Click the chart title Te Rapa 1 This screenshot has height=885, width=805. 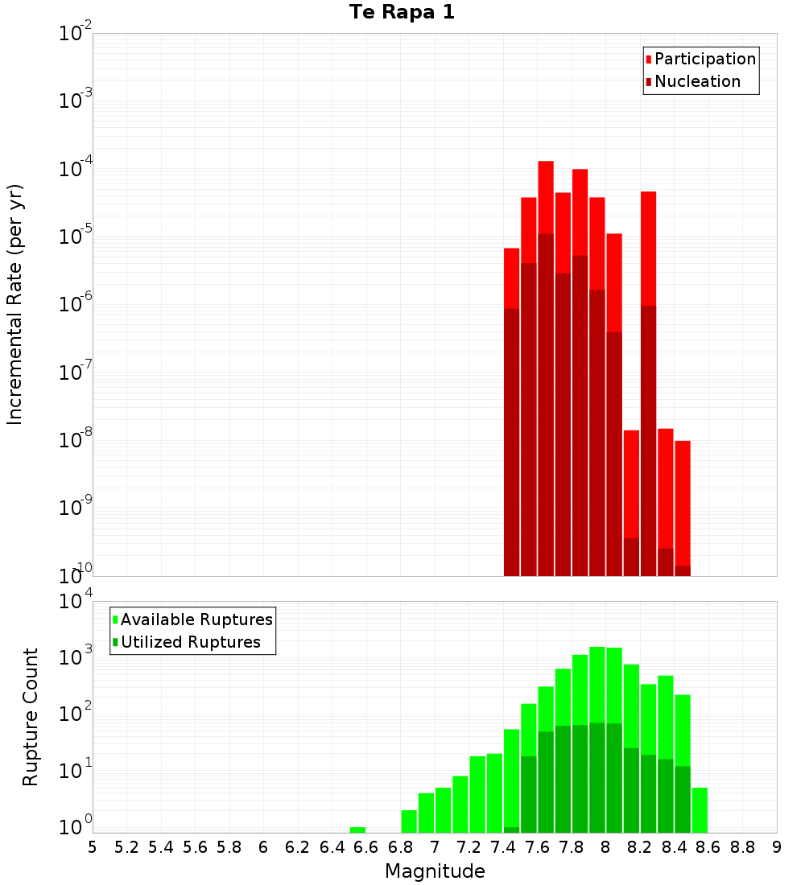click(x=402, y=12)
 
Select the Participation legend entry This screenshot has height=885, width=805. click(x=704, y=59)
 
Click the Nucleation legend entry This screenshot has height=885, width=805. click(x=696, y=81)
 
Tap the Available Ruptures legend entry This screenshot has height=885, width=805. click(x=196, y=619)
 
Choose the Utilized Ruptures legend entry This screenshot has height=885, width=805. click(x=190, y=642)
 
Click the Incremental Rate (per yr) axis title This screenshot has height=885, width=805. click(x=14, y=304)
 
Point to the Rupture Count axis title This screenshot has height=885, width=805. click(x=30, y=716)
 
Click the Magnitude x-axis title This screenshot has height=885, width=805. click(x=435, y=871)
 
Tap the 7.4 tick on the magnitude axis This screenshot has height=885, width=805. click(x=503, y=847)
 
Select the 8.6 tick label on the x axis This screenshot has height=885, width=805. click(x=708, y=847)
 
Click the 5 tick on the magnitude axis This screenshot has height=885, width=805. click(x=93, y=847)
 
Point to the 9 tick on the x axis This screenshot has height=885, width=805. click(x=777, y=847)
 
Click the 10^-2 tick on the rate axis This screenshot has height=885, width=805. click(x=76, y=34)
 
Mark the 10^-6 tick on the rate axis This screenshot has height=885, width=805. click(x=76, y=305)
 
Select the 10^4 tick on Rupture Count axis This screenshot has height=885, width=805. click(x=76, y=602)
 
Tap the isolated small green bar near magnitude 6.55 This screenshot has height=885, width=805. click(x=357, y=829)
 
